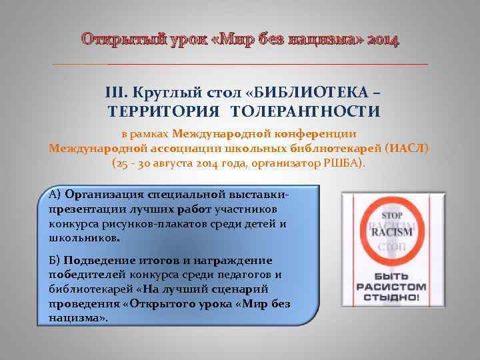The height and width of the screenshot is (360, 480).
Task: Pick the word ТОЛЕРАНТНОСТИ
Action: point(317,111)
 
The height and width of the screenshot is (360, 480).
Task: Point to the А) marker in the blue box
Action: point(55,195)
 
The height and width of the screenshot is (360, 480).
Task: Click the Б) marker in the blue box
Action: point(55,260)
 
